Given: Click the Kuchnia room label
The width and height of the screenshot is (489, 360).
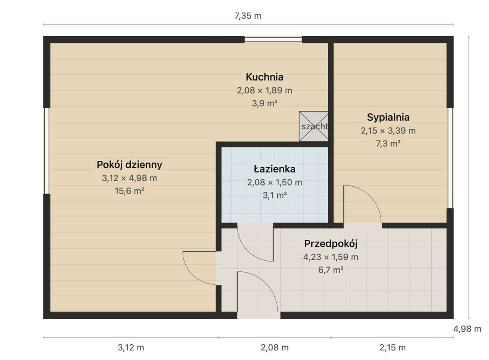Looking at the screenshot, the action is pos(265,77).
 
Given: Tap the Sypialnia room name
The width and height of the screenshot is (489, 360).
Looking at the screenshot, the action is pos(388,117).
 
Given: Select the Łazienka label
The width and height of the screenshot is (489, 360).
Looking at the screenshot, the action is pos(274,169).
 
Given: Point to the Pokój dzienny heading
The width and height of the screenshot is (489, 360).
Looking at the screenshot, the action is pos(130,165).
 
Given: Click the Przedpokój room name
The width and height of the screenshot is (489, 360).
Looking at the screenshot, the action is pos(331,244).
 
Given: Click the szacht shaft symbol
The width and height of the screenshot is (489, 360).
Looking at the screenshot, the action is pos(314,126).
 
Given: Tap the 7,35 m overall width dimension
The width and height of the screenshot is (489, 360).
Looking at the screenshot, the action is pos(248,16).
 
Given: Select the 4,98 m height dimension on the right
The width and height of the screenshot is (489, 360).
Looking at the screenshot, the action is pos(467,329).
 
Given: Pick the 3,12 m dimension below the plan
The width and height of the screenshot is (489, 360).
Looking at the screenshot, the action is pos(131,347).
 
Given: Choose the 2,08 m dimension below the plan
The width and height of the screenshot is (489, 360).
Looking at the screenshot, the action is pos(275,347).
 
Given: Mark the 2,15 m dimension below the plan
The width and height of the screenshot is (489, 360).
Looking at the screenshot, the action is pos(392,347).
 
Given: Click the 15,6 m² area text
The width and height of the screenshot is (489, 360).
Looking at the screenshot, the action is pos(130,191).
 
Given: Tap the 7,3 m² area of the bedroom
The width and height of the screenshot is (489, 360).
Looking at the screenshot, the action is pos(388,144).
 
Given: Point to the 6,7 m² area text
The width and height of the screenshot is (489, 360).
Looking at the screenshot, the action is pos(331,270).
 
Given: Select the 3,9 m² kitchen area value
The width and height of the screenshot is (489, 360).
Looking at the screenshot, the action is pos(265,103).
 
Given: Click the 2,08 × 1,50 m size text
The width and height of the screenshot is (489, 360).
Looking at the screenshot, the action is pos(274,182).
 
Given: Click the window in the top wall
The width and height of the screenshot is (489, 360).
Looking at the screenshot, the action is pos(273,39).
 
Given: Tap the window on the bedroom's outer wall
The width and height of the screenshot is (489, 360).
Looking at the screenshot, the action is pos(450,158).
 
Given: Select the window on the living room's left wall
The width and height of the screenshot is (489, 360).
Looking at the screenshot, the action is pos(47,151).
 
